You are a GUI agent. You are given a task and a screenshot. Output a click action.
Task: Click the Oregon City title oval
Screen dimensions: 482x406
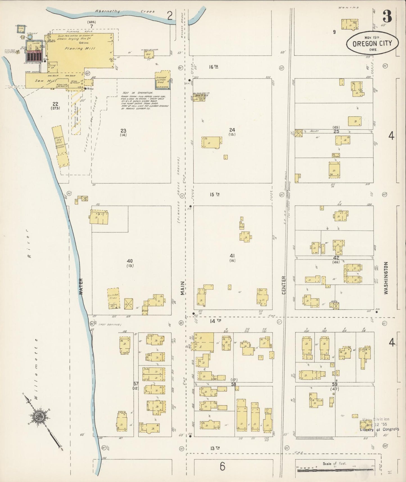[x=372, y=43]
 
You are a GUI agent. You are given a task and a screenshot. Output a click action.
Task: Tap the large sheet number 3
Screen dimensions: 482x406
[x=387, y=17]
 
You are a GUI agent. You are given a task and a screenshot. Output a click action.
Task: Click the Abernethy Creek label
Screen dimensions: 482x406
[x=125, y=11]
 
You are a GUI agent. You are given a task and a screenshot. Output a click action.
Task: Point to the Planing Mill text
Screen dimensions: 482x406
[x=80, y=48]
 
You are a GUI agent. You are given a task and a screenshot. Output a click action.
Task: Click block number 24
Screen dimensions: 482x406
[x=232, y=130]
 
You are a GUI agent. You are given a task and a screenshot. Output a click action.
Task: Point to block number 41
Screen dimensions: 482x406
[x=232, y=256]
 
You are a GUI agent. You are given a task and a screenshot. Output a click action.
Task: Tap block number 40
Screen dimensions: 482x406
[x=130, y=261]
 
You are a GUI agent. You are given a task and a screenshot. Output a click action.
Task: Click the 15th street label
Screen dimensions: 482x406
[x=214, y=194]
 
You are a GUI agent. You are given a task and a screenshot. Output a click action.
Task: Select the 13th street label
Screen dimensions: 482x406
[x=215, y=448]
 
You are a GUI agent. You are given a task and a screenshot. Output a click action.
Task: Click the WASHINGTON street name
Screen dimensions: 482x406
[x=386, y=278]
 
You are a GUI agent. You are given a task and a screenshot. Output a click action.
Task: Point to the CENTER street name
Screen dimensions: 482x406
[x=283, y=285]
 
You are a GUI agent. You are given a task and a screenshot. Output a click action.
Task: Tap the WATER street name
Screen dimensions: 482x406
[x=81, y=286]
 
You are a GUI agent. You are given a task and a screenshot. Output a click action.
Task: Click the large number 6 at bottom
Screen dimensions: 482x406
[x=222, y=467]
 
